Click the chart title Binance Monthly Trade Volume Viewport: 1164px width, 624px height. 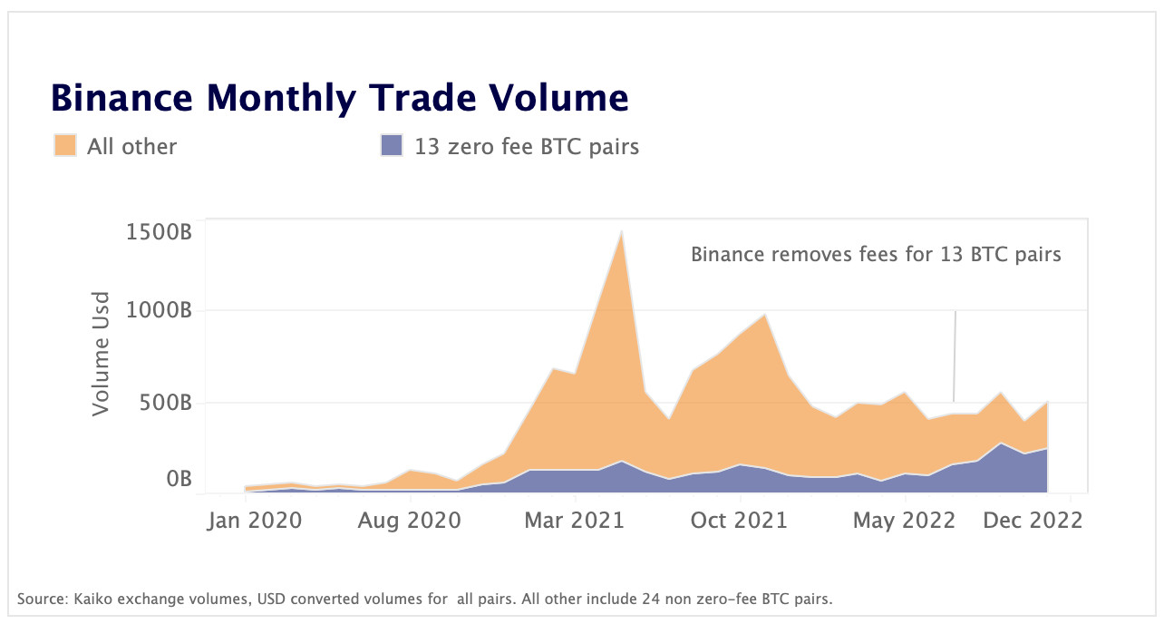click(x=339, y=97)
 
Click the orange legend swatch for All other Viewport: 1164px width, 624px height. click(x=65, y=145)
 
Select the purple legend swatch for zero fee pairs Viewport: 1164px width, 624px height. click(x=392, y=145)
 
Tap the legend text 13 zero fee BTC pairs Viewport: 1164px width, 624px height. click(x=527, y=146)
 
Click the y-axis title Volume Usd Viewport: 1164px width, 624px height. click(x=101, y=354)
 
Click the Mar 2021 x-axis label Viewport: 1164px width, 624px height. click(x=576, y=521)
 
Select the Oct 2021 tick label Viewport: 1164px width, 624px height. click(x=740, y=521)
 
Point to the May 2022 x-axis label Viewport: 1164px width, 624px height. click(x=905, y=521)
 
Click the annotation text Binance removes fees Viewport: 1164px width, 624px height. click(x=875, y=254)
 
